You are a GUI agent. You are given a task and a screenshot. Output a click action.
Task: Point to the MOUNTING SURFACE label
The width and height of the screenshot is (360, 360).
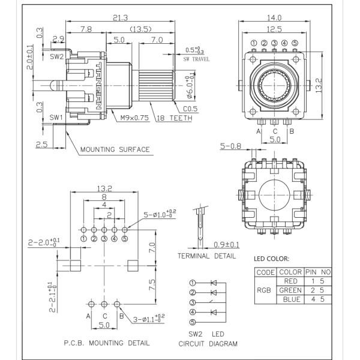click(x=115, y=149)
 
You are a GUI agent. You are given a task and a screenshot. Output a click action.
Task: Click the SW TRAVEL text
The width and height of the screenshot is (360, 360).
click(x=193, y=60)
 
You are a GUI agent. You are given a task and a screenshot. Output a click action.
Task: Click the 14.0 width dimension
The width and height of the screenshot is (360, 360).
click(x=274, y=18)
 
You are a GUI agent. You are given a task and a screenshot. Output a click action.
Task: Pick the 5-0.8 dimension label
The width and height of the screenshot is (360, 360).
click(x=231, y=145)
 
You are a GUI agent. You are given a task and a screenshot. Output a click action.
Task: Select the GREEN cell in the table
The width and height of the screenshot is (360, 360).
click(x=290, y=290)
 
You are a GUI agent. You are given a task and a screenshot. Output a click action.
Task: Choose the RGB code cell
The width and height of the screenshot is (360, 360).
click(x=265, y=290)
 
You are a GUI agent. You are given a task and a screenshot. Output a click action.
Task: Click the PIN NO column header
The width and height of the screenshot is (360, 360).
click(x=318, y=272)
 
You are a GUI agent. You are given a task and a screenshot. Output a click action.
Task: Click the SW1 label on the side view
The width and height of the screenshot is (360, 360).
click(x=56, y=117)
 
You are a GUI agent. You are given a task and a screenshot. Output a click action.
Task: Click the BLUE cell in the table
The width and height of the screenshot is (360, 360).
click(x=290, y=299)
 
